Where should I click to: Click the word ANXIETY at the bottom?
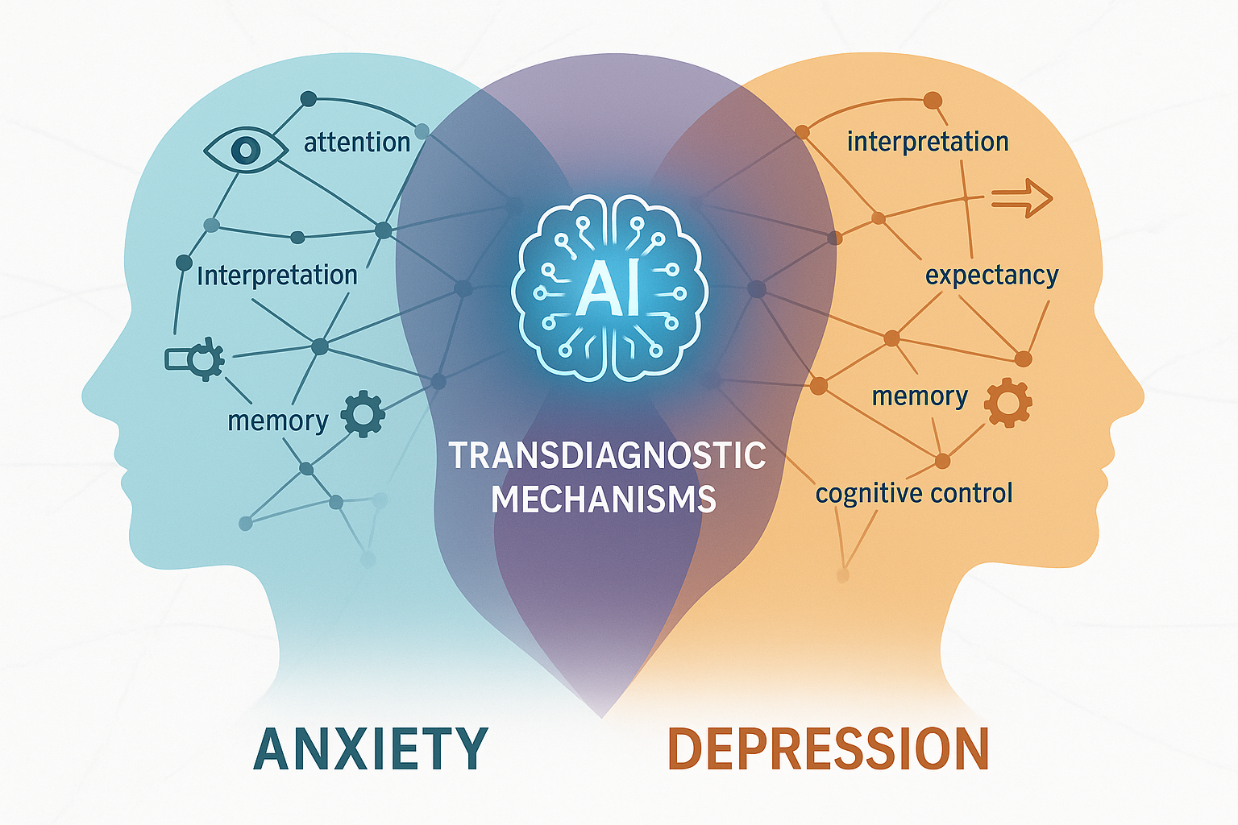(x=371, y=749)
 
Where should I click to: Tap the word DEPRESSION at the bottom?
(x=829, y=749)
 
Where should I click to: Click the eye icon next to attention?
(x=245, y=149)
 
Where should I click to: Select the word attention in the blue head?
(x=357, y=143)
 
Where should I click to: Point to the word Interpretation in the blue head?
(x=277, y=276)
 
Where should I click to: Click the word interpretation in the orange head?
(x=928, y=142)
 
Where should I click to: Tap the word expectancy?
(x=991, y=276)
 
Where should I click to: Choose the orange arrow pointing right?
(x=1021, y=197)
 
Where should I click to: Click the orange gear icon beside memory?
(x=1007, y=402)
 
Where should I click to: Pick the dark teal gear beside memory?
(x=363, y=414)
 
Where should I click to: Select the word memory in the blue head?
(x=278, y=421)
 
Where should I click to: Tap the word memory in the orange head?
(x=920, y=396)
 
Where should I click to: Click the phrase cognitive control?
(x=914, y=493)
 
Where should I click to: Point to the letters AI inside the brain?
(x=609, y=288)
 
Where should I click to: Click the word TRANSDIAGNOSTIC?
(x=607, y=456)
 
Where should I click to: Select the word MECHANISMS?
(x=604, y=500)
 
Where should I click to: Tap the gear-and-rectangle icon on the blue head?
(x=196, y=359)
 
